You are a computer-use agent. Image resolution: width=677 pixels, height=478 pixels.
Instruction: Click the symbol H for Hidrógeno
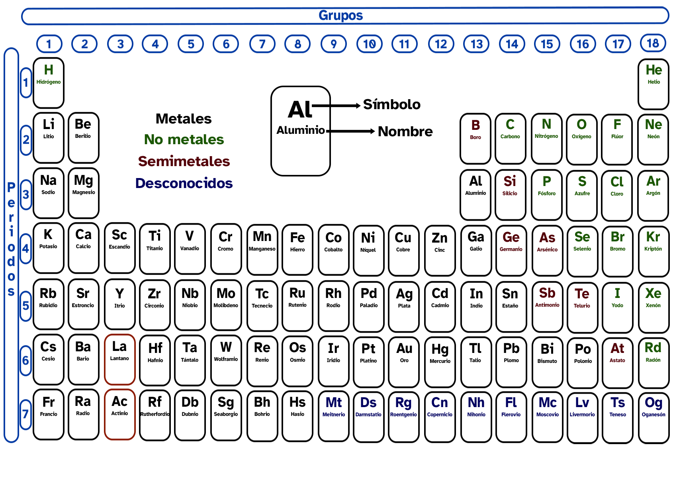pyautogui.click(x=49, y=70)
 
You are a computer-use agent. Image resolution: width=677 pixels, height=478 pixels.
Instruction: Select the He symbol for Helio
pyautogui.click(x=654, y=70)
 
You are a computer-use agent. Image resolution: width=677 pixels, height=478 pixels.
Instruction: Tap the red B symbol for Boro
pyautogui.click(x=475, y=125)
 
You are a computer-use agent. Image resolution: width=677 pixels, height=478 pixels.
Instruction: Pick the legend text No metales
pyautogui.click(x=184, y=140)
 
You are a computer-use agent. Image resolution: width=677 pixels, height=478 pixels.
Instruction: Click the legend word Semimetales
pyautogui.click(x=184, y=161)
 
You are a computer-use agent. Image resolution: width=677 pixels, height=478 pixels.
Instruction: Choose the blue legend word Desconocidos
pyautogui.click(x=184, y=183)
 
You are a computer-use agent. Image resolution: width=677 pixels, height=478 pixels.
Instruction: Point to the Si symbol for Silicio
pyautogui.click(x=510, y=181)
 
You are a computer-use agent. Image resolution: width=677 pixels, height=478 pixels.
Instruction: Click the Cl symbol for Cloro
pyautogui.click(x=617, y=182)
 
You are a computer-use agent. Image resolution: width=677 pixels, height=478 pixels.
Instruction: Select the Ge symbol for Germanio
pyautogui.click(x=511, y=237)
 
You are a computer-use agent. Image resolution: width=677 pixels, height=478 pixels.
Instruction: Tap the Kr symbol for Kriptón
pyautogui.click(x=653, y=237)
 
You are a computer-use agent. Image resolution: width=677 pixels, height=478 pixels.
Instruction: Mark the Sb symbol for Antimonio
pyautogui.click(x=547, y=293)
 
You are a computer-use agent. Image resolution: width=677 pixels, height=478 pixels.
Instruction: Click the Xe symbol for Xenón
pyautogui.click(x=653, y=294)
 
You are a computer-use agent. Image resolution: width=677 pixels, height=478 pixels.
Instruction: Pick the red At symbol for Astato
pyautogui.click(x=617, y=349)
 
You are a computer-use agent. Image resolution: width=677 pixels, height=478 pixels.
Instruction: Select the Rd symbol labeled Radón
pyautogui.click(x=653, y=348)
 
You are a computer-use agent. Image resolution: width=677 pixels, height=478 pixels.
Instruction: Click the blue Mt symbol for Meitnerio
pyautogui.click(x=334, y=403)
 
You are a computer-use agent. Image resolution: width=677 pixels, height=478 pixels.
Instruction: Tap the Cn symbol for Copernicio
pyautogui.click(x=440, y=403)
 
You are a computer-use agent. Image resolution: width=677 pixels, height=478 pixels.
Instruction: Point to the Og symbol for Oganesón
pyautogui.click(x=654, y=403)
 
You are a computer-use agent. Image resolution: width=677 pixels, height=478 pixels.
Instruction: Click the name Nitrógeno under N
pyautogui.click(x=546, y=136)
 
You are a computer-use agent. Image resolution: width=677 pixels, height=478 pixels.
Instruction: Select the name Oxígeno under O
pyautogui.click(x=581, y=137)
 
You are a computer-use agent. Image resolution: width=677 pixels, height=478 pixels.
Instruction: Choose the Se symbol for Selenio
pyautogui.click(x=582, y=237)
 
